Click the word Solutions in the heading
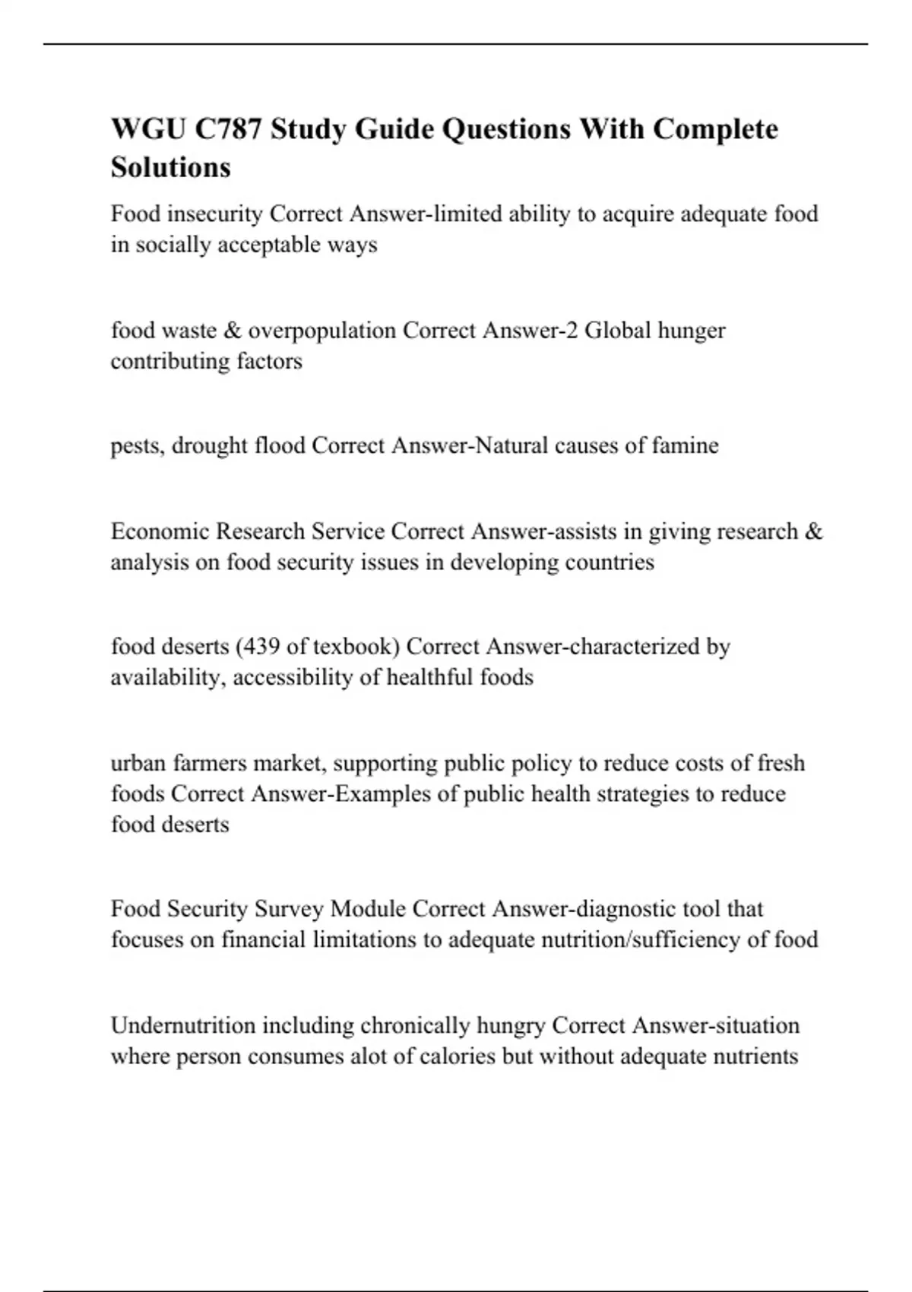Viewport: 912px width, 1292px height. click(x=170, y=167)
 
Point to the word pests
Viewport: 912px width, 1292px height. click(x=136, y=445)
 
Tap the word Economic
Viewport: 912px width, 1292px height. click(x=160, y=531)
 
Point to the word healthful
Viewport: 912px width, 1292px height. click(x=429, y=677)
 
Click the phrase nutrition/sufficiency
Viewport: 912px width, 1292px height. click(x=641, y=940)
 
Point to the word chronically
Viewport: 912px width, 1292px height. click(x=415, y=1026)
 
